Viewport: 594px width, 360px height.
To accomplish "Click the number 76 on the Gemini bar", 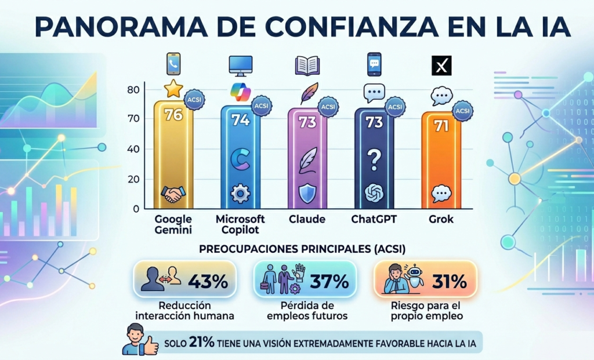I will tap(173, 115).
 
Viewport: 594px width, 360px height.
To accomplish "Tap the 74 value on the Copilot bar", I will tap(240, 120).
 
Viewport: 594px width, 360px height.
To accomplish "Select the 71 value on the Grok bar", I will tap(441, 126).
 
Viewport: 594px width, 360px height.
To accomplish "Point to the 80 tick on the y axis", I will tap(133, 89).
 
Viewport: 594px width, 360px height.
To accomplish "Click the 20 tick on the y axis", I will tap(133, 179).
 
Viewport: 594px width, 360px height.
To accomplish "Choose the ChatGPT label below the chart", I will tap(374, 220).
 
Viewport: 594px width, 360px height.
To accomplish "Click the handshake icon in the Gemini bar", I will tap(172, 194).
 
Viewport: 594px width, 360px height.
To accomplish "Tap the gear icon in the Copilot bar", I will tap(240, 194).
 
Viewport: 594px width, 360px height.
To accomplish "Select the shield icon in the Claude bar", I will tap(307, 194).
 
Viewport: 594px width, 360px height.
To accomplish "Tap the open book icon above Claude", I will tap(307, 65).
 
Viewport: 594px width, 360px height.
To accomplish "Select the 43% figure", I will tap(208, 282).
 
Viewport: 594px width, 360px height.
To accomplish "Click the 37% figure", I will tap(329, 282).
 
